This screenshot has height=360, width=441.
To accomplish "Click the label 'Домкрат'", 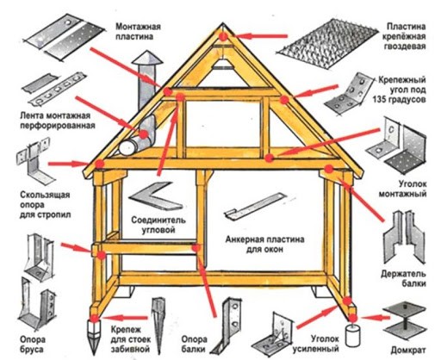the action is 408,351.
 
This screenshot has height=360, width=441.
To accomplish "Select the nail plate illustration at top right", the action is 327,43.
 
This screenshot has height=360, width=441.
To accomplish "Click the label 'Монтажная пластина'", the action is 138,32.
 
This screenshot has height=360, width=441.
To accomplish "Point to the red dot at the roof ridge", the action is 224,36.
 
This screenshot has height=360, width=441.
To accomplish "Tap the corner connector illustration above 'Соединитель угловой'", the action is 155,196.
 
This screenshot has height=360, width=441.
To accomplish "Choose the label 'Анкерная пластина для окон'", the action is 264,245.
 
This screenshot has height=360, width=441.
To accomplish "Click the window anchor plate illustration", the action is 255,205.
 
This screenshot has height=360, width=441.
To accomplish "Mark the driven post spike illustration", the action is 158,326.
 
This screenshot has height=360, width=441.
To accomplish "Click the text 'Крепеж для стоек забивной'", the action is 131,339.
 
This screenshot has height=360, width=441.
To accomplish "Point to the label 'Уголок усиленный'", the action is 316,344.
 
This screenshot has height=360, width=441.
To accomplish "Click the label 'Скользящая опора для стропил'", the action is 45,205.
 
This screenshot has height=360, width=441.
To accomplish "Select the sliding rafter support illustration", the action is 35,162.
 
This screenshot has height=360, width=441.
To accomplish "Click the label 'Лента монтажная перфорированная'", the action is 58,121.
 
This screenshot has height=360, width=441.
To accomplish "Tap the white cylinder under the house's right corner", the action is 353,335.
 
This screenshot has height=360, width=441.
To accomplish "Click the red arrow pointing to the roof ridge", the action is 262,36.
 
